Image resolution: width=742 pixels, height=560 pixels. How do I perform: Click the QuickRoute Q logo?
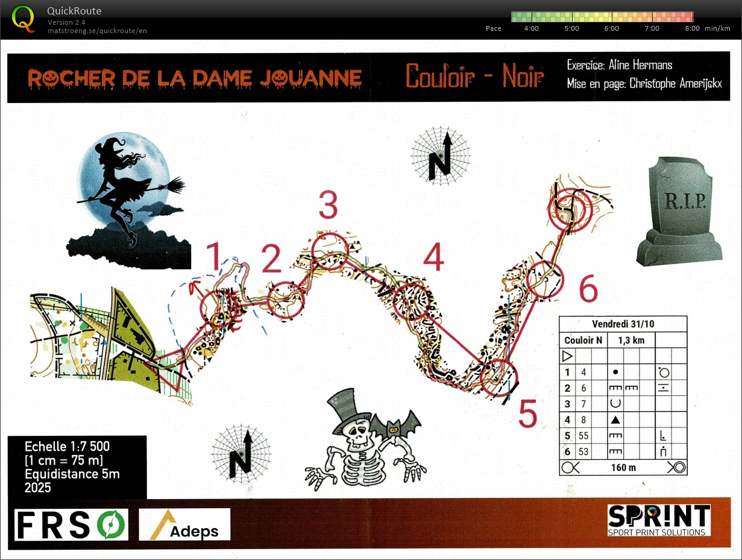(23, 19)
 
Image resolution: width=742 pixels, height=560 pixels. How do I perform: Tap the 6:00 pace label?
(612, 28)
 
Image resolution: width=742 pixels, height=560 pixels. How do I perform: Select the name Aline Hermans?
(640, 65)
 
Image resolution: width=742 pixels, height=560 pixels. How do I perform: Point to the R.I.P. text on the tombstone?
(685, 201)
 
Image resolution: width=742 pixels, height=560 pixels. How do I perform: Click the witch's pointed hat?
(110, 146)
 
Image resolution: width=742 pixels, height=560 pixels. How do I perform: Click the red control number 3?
(329, 204)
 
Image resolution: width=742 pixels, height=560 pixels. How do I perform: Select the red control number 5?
(527, 413)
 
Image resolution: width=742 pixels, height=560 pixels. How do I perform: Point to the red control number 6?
(588, 288)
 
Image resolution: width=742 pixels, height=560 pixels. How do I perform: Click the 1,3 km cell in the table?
(631, 340)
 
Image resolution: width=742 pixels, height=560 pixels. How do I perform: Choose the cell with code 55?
(583, 436)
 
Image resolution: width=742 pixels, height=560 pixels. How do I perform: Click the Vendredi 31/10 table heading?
(623, 324)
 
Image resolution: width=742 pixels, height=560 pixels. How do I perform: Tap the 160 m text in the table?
(623, 467)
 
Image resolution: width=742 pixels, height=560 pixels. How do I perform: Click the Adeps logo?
(184, 525)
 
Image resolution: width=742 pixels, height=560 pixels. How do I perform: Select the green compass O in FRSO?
(112, 525)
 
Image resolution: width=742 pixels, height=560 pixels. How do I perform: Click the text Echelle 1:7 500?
(68, 447)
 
